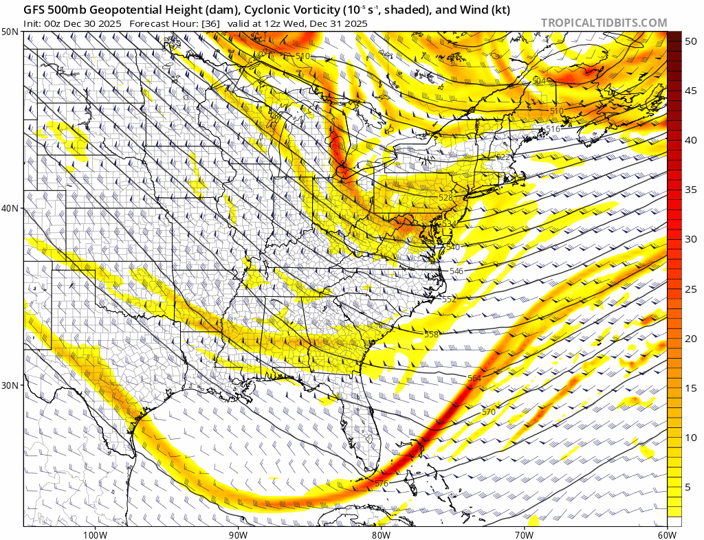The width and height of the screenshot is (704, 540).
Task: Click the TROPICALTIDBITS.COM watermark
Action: click(x=604, y=23)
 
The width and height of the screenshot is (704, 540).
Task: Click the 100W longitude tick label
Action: click(x=95, y=534)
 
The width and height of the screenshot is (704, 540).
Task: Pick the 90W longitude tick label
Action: click(x=238, y=534)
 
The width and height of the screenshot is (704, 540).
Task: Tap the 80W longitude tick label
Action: click(x=381, y=534)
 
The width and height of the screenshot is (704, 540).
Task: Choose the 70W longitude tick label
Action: click(x=524, y=534)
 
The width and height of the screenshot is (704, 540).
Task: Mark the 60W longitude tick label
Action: click(x=666, y=534)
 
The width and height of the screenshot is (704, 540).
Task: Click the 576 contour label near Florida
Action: click(x=382, y=484)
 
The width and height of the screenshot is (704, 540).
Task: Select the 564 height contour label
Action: click(x=474, y=379)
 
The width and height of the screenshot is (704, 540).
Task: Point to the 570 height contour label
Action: click(x=488, y=412)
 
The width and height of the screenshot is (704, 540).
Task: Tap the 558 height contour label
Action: click(x=431, y=335)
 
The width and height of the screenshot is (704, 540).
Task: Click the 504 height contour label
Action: click(x=539, y=81)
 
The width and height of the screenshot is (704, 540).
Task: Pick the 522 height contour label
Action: click(x=503, y=157)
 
